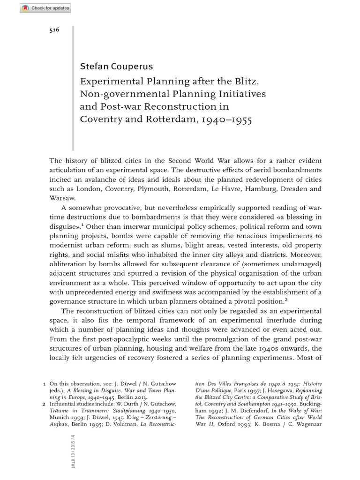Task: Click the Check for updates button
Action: (x=46, y=8)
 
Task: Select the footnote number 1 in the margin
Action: (x=44, y=384)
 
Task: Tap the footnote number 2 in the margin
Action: (x=44, y=404)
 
